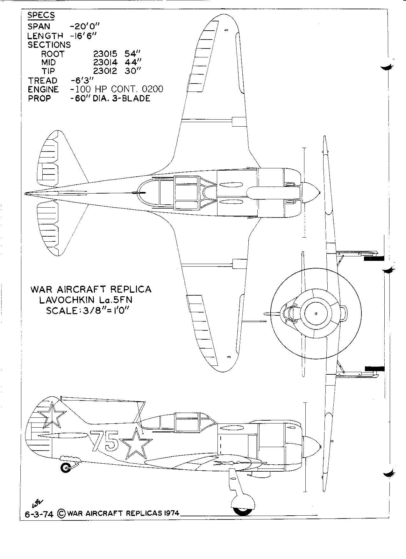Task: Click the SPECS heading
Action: (41, 15)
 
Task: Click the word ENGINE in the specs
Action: (43, 89)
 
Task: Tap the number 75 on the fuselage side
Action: (104, 441)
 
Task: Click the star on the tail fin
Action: (52, 415)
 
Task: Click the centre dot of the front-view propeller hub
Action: (315, 313)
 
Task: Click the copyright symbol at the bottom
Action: (61, 514)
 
